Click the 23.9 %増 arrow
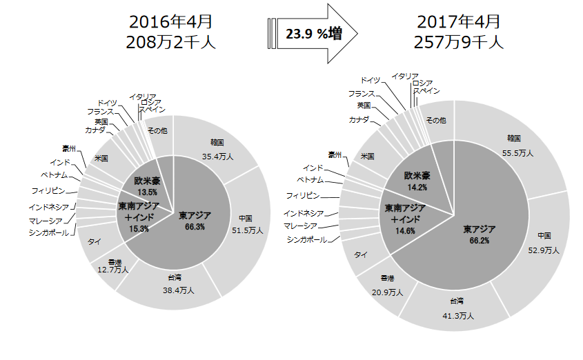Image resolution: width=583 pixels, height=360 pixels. pyautogui.click(x=312, y=32)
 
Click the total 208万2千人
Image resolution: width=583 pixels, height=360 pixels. pyautogui.click(x=172, y=42)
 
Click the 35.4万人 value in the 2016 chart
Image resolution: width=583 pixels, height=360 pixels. pyautogui.click(x=218, y=156)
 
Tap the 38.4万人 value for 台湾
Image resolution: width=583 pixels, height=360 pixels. pyautogui.click(x=177, y=290)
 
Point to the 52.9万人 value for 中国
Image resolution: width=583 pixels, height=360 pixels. pyautogui.click(x=542, y=250)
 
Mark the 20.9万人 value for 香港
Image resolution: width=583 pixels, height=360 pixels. pyautogui.click(x=386, y=292)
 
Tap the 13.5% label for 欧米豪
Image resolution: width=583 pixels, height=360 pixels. pyautogui.click(x=147, y=191)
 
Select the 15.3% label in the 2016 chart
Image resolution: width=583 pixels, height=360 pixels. pyautogui.click(x=138, y=228)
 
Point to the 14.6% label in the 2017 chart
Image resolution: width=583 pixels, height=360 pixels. pyautogui.click(x=404, y=231)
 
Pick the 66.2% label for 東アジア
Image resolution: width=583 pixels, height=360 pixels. pyautogui.click(x=477, y=241)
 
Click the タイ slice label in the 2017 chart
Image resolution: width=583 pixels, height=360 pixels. pyautogui.click(x=360, y=255)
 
